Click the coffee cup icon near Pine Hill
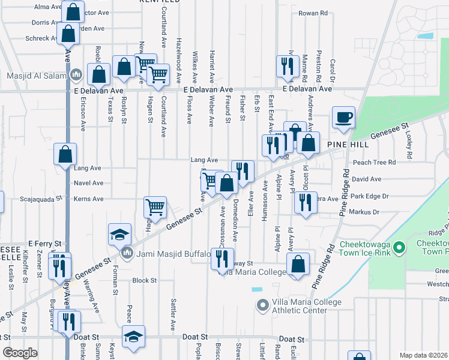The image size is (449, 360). [x=343, y=118]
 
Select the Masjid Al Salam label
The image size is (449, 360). [x=39, y=76]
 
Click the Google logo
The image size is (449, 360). [x=20, y=353]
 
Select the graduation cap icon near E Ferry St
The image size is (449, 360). [x=120, y=235]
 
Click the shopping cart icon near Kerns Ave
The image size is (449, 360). [x=155, y=208]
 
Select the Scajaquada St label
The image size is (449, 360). [x=41, y=198]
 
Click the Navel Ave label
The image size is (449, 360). [x=89, y=183]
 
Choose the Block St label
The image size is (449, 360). [x=144, y=280]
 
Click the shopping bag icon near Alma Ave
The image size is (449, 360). [x=73, y=13]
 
